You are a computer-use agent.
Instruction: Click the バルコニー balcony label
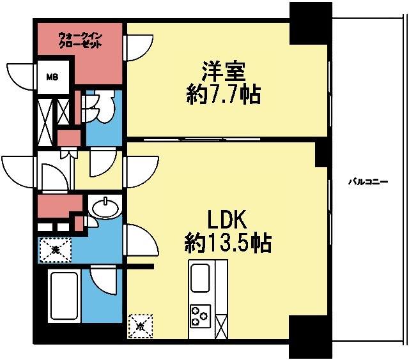[x=368, y=181]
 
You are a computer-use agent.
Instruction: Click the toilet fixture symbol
[x=102, y=105]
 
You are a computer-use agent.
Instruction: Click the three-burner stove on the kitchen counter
[x=200, y=314]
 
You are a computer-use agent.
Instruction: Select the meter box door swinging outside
[x=19, y=75]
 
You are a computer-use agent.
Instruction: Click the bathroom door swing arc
[x=104, y=281]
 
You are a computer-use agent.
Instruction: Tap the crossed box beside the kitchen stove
[x=221, y=326]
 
